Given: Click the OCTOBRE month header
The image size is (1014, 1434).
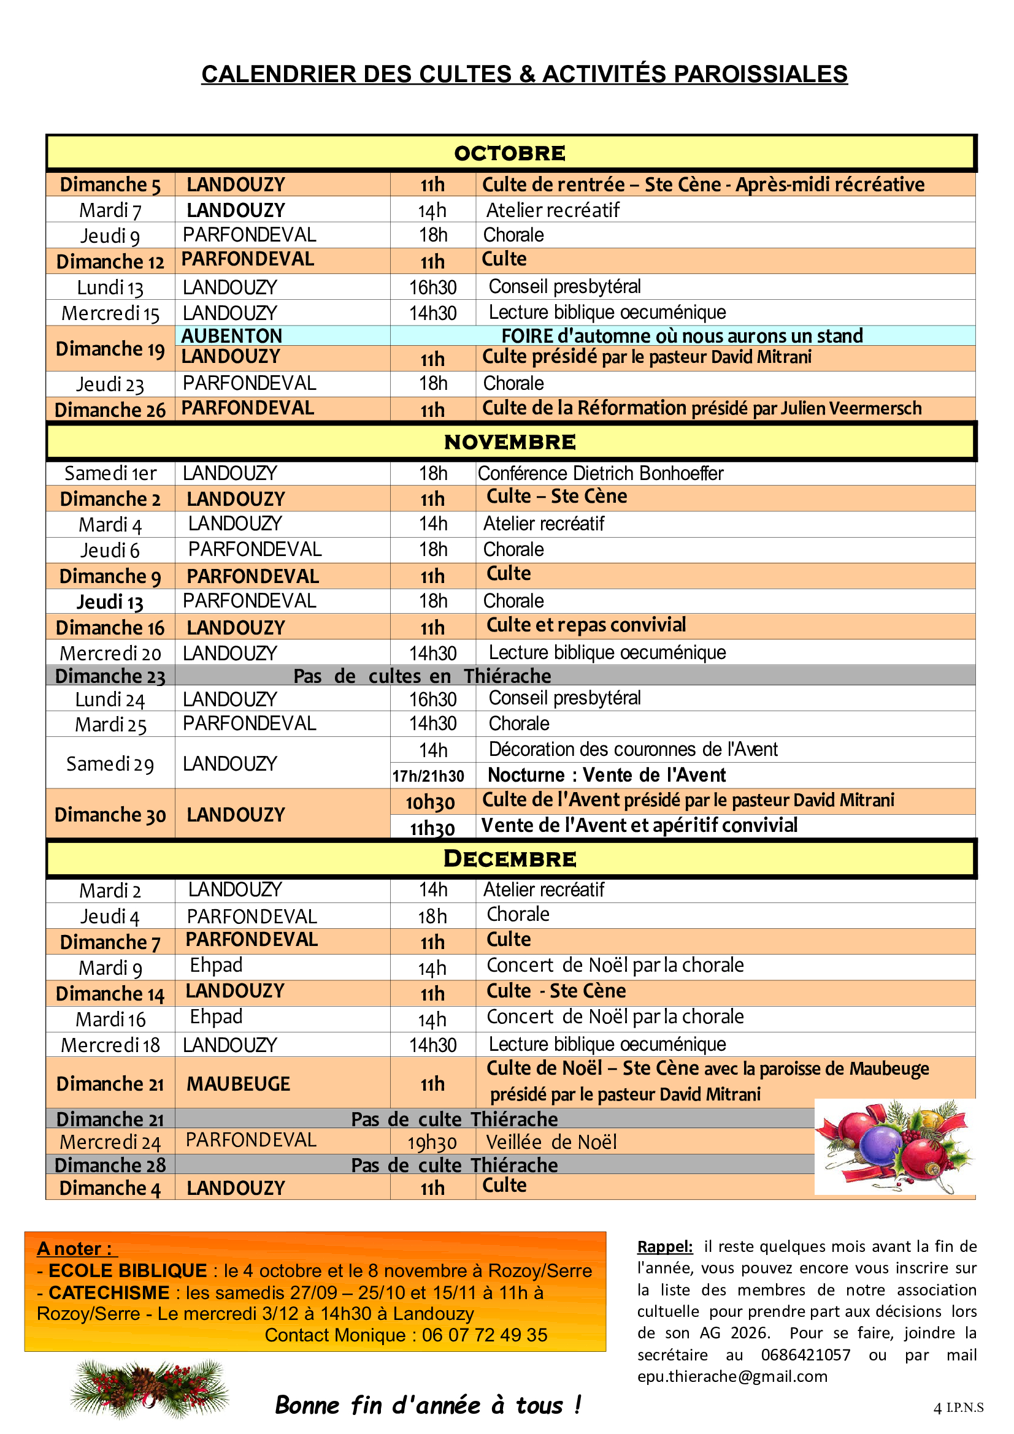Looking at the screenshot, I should pos(510,153).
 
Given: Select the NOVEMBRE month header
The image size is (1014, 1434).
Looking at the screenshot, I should pos(510,442).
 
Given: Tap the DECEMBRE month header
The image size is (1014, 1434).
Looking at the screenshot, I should pos(510,859).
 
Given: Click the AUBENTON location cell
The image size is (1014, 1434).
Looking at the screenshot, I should pos(232,336).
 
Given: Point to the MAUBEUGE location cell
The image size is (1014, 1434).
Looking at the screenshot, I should pos(238,1083).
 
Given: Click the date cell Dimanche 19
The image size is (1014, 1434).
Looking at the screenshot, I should pos(110,348).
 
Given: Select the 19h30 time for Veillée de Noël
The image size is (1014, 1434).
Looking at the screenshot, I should pos(432,1142).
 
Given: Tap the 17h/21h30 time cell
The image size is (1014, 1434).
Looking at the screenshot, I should pos(428,776).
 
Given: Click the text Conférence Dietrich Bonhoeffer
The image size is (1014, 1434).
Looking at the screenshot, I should pos(601,473).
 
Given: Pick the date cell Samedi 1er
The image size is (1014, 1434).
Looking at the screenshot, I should pos(110,473).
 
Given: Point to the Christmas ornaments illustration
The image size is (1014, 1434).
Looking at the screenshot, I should pos(894,1146).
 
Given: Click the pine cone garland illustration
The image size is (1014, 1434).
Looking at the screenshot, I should pos(150,1388).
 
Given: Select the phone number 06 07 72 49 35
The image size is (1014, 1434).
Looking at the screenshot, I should pos(484,1335).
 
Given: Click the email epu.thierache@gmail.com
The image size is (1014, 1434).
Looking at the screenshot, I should pos(732,1376).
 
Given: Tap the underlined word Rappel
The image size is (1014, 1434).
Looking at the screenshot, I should pos(665,1246).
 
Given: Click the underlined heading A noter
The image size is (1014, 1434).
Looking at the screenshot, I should pos(75,1248).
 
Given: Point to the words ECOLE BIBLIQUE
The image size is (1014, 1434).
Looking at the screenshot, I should pos(128,1270).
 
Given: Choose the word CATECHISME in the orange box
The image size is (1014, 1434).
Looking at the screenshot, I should pos(109,1292).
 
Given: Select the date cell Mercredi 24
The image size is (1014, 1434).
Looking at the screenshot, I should pos(110,1142).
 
